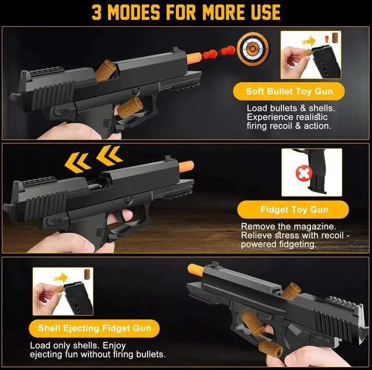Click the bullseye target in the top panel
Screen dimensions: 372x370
[253, 49]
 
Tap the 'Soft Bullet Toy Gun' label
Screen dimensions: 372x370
[289, 91]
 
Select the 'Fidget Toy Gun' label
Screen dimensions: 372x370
[293, 209]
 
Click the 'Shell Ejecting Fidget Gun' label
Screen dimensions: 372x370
[94, 328]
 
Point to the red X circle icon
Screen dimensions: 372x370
[304, 173]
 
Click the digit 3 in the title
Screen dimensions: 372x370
[96, 12]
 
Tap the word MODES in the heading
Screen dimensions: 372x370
[134, 12]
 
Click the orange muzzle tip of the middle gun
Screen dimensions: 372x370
[187, 166]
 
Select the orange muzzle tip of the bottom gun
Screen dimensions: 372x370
[196, 269]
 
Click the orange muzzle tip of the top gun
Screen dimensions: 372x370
[194, 58]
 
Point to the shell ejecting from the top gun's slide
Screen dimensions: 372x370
[105, 70]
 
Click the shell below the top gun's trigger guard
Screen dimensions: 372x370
[130, 108]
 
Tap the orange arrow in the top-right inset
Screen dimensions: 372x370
[309, 42]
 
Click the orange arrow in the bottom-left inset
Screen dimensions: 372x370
[60, 277]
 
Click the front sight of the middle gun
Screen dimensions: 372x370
[168, 158]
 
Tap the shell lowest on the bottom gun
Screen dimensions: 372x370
[271, 348]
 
